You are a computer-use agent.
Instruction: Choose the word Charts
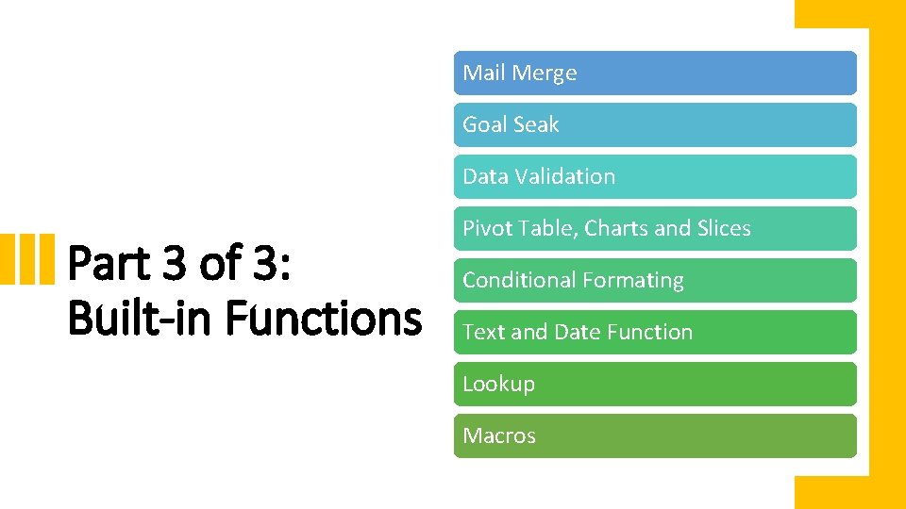click(x=617, y=229)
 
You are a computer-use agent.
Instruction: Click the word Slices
click(x=723, y=229)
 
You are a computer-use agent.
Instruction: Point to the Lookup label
click(x=498, y=385)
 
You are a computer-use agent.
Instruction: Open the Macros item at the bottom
click(x=499, y=436)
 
